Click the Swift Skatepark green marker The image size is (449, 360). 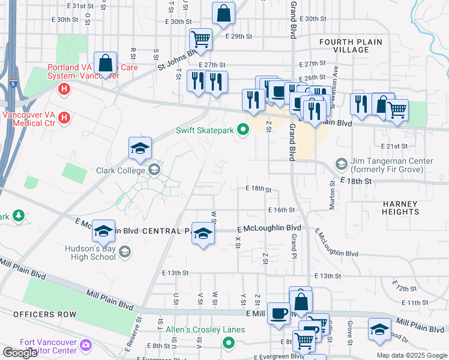pyautogui.click(x=243, y=130)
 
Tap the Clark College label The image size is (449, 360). pyautogui.click(x=122, y=170)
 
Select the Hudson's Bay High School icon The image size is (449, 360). pyautogui.click(x=125, y=251)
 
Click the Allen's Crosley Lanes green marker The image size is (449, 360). pyautogui.click(x=228, y=343)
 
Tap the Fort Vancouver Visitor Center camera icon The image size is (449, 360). pyautogui.click(x=86, y=345)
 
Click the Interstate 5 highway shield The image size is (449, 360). pyautogui.click(x=13, y=83)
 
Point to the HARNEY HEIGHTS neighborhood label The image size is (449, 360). pyautogui.click(x=400, y=208)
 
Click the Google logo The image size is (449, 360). pyautogui.click(x=20, y=353)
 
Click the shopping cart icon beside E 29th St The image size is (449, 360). pyautogui.click(x=200, y=40)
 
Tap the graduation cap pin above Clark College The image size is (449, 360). pyautogui.click(x=139, y=148)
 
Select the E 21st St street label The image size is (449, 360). pyautogui.click(x=394, y=146)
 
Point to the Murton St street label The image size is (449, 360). pyautogui.click(x=332, y=196)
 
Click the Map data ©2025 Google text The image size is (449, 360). pyautogui.click(x=411, y=355)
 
